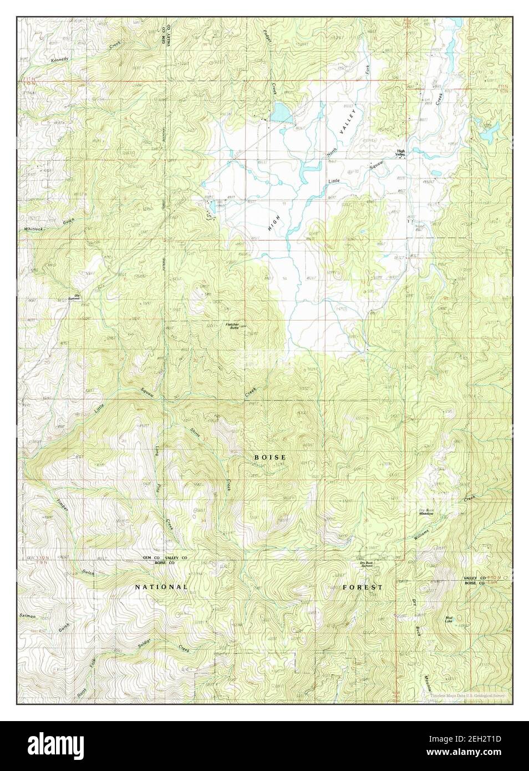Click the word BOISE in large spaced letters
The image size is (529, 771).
270,457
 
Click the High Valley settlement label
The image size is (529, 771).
401,153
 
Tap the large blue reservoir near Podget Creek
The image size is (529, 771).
281,113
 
